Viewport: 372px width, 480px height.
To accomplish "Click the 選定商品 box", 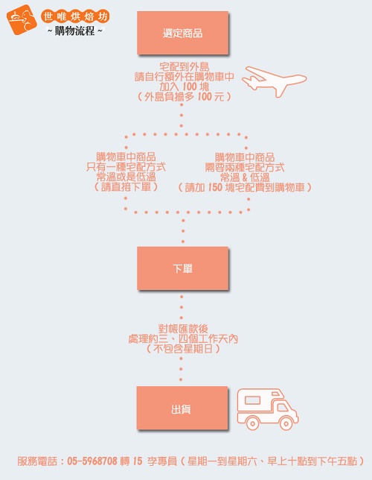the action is coord(183,33).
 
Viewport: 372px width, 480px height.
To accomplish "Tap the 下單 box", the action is coord(183,268).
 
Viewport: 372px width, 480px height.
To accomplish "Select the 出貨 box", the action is coord(182,408).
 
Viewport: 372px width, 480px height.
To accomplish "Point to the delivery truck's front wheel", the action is coord(286,423).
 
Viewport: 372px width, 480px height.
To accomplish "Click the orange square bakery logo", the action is coord(22,19).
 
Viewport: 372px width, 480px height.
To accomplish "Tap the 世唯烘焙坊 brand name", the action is coord(75,16).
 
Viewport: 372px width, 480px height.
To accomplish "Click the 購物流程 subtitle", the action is coord(75,31).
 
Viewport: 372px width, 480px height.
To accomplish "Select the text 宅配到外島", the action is coord(184,66).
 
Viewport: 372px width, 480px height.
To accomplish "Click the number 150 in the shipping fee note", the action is coord(215,187).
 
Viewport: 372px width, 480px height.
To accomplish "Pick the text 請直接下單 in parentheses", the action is coord(126,187).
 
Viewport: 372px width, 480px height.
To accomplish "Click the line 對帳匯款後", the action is coord(183,329).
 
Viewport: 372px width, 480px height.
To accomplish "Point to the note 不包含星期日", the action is coord(183,348).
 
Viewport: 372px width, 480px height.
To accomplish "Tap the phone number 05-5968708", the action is coord(92,461).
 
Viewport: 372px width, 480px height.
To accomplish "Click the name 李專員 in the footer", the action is coord(161,461).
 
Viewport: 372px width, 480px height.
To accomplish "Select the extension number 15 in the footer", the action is coord(138,461).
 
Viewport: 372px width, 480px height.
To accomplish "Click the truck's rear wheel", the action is coord(252,423).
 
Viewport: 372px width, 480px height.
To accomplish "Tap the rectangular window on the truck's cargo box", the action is coord(252,400).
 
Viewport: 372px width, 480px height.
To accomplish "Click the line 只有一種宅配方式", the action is coord(126,167).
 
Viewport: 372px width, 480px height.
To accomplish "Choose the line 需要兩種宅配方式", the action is coord(245,168).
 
